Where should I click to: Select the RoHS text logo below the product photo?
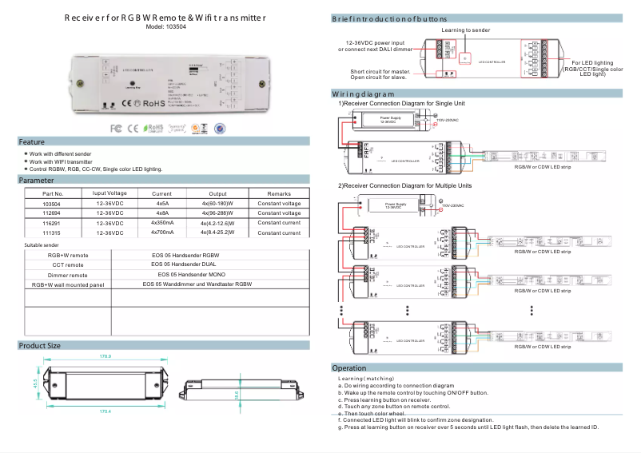click(x=154, y=126)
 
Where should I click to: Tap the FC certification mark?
click(x=116, y=127)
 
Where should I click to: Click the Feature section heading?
click(x=33, y=141)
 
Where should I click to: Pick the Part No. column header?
click(x=53, y=193)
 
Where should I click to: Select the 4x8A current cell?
click(x=161, y=213)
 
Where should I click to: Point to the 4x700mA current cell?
click(x=162, y=232)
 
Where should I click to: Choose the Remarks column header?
click(x=279, y=193)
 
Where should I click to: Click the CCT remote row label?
click(x=68, y=264)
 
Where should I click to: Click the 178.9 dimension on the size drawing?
click(x=105, y=356)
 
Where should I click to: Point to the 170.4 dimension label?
click(x=105, y=411)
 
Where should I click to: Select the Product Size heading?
click(x=40, y=345)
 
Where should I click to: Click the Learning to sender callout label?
click(x=465, y=30)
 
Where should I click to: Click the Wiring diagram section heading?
click(x=364, y=93)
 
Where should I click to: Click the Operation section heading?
click(x=348, y=368)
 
